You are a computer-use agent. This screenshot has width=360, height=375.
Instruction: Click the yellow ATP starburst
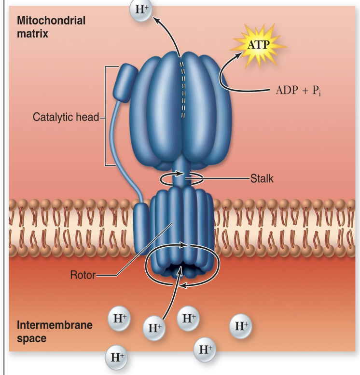click(x=259, y=46)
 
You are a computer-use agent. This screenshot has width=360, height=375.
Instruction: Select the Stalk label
click(x=262, y=178)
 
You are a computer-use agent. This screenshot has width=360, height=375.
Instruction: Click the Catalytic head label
click(x=66, y=117)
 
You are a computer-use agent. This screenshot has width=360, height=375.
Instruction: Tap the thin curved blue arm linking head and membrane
click(x=118, y=145)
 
